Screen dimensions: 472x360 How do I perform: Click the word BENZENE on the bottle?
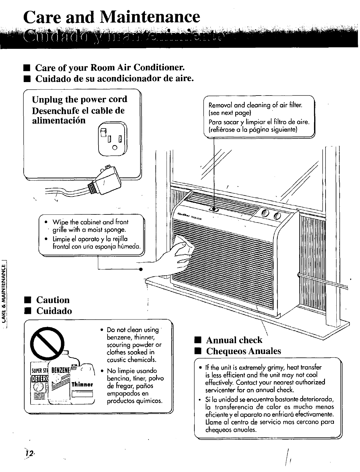click(62, 370)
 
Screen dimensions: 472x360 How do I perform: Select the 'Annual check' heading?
click(234, 340)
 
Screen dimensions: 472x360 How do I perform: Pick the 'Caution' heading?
click(53, 300)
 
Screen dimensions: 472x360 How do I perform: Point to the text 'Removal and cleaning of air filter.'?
click(255, 105)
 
